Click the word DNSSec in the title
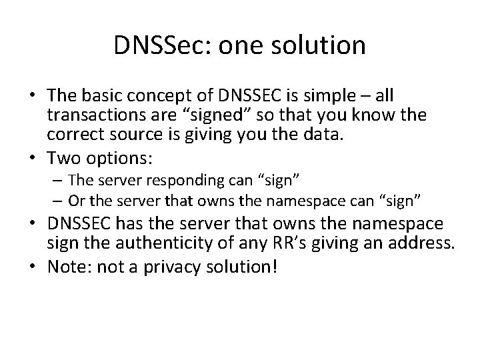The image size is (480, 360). (155, 45)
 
